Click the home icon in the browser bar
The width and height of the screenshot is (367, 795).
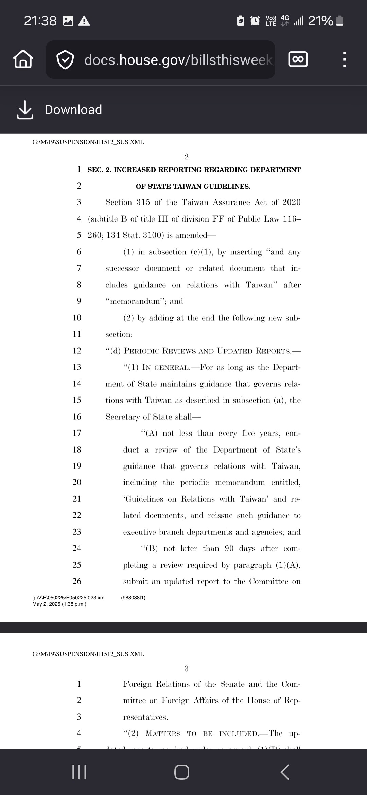coord(23,59)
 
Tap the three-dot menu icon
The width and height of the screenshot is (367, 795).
coord(344,59)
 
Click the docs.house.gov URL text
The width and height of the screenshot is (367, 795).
coord(178,60)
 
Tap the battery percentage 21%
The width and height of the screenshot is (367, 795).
coord(320,21)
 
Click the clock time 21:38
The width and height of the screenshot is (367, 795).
coord(40,21)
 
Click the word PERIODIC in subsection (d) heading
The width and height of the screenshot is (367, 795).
coord(142,351)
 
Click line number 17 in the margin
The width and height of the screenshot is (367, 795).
coord(77,433)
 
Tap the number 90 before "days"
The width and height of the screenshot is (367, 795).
coord(229,548)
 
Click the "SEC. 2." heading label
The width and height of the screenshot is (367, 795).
coord(99,170)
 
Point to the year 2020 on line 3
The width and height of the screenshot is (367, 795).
coord(291,202)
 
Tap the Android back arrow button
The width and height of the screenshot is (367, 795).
coord(285,772)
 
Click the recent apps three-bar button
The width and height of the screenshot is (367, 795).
coord(80,772)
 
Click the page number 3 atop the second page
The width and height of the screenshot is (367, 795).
coord(186,669)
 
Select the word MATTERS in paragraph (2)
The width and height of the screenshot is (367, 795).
coord(163,733)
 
